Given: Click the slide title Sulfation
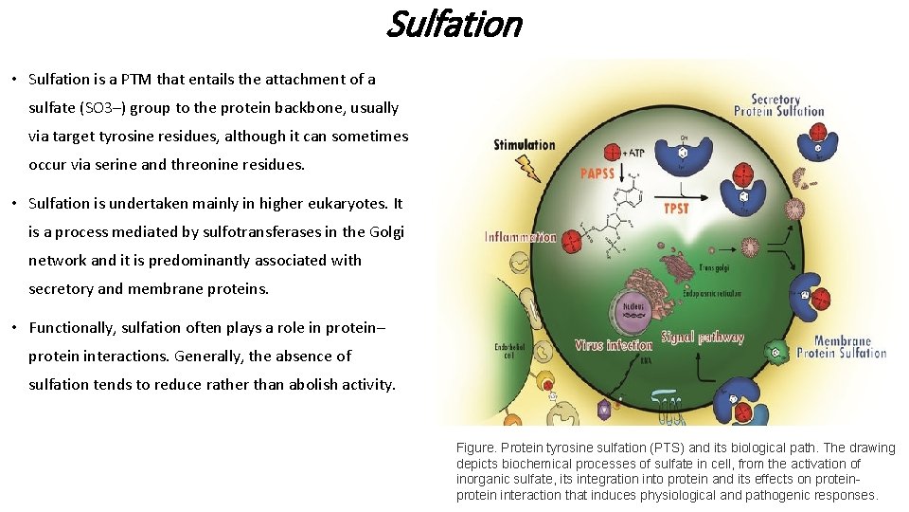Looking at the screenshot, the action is click(x=454, y=23).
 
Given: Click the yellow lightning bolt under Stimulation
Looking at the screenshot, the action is click(x=526, y=168).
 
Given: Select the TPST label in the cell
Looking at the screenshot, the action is click(x=676, y=208).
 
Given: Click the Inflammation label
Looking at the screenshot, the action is click(x=520, y=237).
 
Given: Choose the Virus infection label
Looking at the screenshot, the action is click(x=614, y=345).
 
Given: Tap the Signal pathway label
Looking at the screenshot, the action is click(x=702, y=337).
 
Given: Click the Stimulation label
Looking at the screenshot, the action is click(x=524, y=144).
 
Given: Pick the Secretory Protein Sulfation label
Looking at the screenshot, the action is click(x=778, y=104).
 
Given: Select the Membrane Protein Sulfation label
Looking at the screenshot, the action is click(x=841, y=347).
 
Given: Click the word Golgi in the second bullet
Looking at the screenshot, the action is click(x=383, y=231).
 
